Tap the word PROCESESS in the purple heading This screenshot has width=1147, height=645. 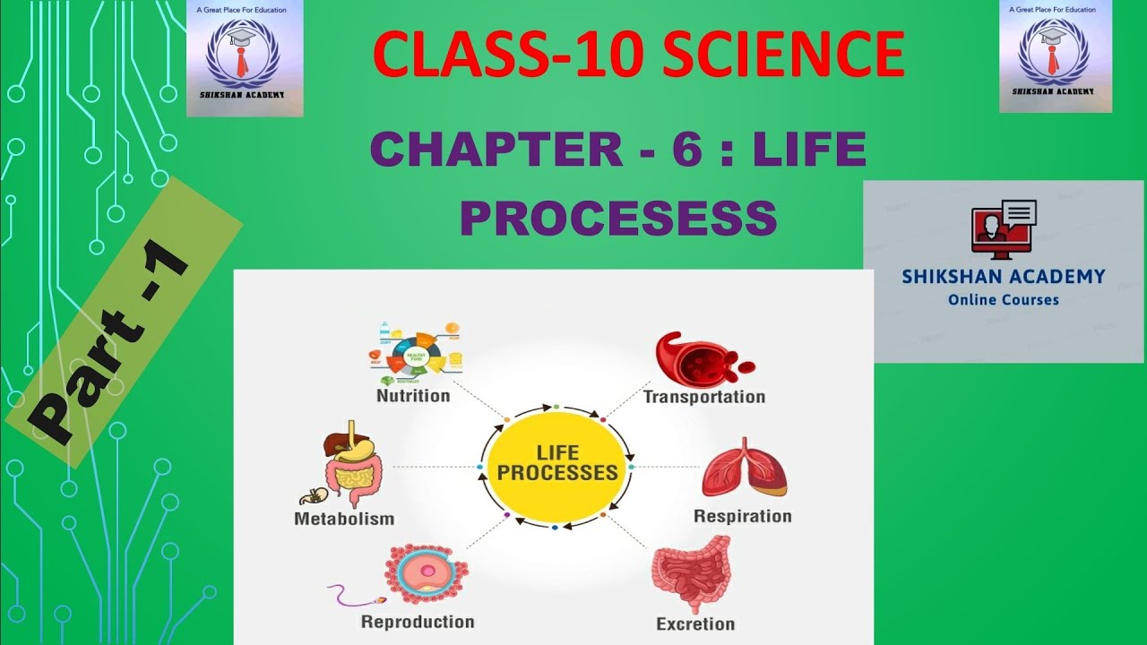point(617,218)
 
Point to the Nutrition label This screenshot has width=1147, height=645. point(413,395)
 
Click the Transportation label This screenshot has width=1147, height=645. point(704,396)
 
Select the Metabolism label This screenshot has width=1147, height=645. point(344,518)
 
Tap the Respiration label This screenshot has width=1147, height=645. point(743,516)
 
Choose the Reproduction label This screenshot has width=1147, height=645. point(418,622)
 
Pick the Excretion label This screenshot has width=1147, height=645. point(695,623)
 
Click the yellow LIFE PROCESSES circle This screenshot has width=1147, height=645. point(556,465)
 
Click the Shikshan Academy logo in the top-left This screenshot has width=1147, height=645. point(245,57)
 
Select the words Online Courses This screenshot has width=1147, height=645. point(1004,300)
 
